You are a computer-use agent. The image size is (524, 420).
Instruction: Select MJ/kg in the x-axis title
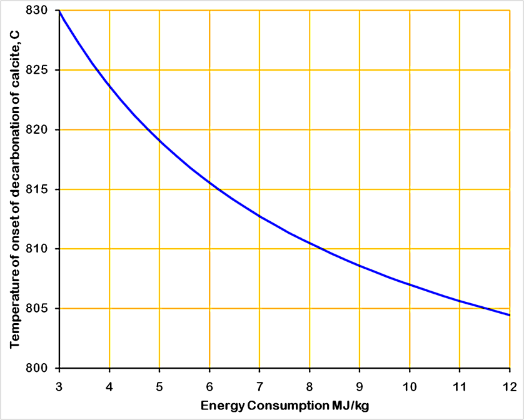[x=351, y=406]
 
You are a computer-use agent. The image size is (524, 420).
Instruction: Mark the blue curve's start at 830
[x=60, y=11]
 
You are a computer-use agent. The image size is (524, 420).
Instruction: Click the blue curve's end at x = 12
[x=509, y=315]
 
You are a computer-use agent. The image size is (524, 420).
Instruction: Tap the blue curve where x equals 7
[x=259, y=216]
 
